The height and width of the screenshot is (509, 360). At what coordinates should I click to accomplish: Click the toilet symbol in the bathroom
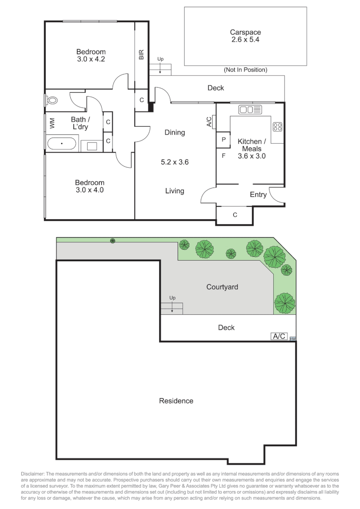[52, 100]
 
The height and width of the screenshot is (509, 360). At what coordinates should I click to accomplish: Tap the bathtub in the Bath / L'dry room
[61, 143]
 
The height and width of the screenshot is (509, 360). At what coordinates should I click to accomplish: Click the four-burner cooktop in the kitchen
[277, 126]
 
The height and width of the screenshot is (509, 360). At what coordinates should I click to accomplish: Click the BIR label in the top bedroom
[141, 55]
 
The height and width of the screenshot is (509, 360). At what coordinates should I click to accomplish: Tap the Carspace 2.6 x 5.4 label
[245, 36]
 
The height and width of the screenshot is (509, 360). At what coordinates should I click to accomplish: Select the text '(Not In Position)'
[245, 70]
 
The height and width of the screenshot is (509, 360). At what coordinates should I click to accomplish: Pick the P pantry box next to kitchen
[223, 140]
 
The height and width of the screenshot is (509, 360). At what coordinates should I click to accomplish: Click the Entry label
[258, 195]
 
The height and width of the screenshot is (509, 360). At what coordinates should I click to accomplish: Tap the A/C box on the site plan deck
[278, 336]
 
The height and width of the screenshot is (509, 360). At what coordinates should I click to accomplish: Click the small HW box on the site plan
[292, 338]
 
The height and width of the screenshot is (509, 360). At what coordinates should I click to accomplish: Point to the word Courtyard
[222, 287]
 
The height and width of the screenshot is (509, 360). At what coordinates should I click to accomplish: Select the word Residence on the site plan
[176, 401]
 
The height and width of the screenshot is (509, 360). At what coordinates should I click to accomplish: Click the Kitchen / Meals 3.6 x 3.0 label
[252, 148]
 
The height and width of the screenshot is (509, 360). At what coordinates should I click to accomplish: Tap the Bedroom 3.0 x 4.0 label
[90, 187]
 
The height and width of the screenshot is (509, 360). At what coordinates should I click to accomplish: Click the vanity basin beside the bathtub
[91, 146]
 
